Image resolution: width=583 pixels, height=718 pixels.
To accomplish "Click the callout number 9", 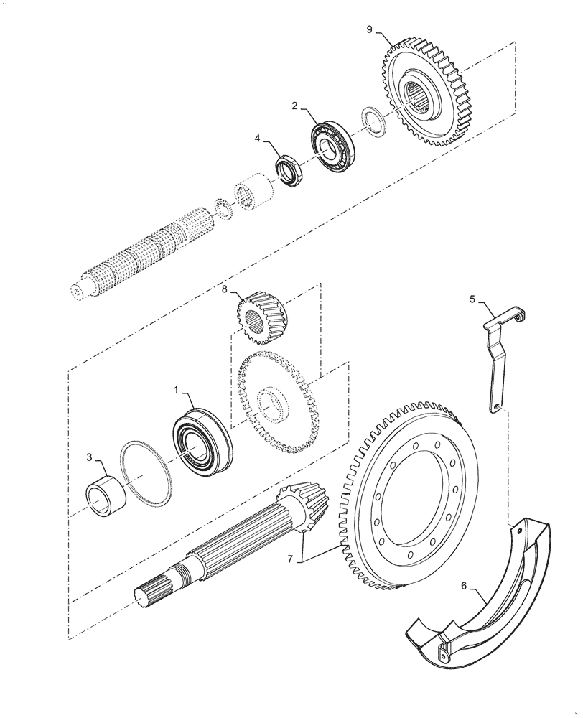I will [369, 29].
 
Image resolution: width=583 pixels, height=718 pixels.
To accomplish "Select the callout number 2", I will [295, 105].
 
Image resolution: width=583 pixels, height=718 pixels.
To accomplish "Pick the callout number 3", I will [89, 456].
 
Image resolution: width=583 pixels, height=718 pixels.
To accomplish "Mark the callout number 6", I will [465, 585].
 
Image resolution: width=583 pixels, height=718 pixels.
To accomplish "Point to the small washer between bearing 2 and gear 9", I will [373, 119].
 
